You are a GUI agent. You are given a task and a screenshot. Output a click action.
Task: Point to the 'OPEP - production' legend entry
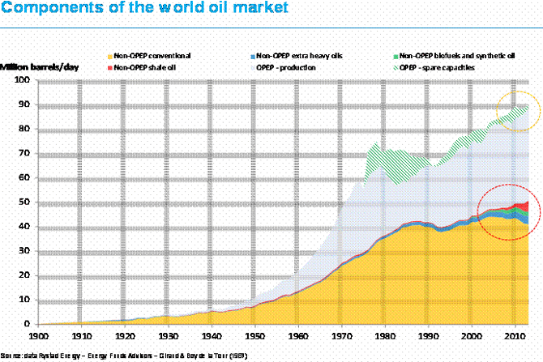(x=286, y=67)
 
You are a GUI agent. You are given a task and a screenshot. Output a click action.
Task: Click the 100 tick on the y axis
(x=23, y=80)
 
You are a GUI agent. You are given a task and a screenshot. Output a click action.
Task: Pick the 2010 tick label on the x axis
(x=512, y=334)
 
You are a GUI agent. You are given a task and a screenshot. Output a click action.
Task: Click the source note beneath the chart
(x=122, y=356)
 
